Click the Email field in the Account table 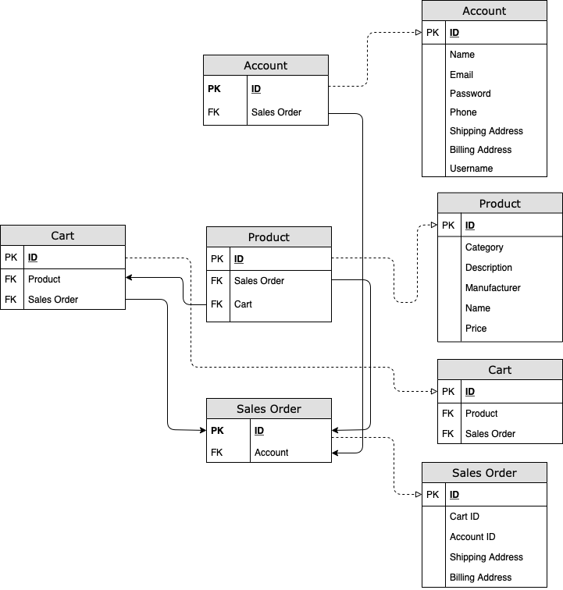(x=461, y=75)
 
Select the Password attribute (x=470, y=94)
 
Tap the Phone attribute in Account (x=463, y=112)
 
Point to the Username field (x=471, y=169)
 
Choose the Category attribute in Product (x=484, y=247)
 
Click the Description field (x=488, y=268)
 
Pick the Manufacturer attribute (x=493, y=288)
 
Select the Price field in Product (x=476, y=329)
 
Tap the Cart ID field (x=465, y=517)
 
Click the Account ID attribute (x=472, y=537)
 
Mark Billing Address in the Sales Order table (x=480, y=578)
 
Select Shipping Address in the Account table (x=486, y=131)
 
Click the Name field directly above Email (x=461, y=55)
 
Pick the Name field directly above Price (x=477, y=308)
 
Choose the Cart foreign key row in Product (x=243, y=304)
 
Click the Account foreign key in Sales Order (x=271, y=453)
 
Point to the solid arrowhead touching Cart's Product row (x=129, y=277)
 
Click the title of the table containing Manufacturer (x=500, y=204)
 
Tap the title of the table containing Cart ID (x=484, y=473)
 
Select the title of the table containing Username (x=484, y=11)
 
